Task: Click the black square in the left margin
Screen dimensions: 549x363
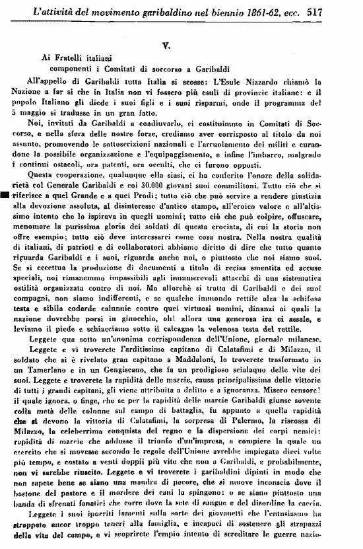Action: click(x=5, y=196)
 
